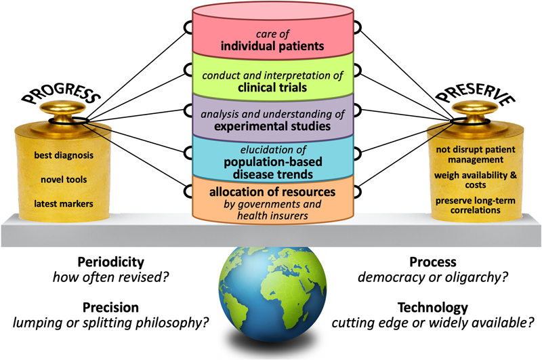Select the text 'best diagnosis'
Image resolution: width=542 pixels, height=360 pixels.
point(64,156)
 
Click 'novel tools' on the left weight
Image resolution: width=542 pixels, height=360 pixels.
point(64,180)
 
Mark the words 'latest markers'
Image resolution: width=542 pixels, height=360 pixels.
point(64,204)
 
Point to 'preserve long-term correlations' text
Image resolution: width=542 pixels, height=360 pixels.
point(478,205)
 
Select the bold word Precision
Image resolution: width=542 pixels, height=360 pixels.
point(112,306)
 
